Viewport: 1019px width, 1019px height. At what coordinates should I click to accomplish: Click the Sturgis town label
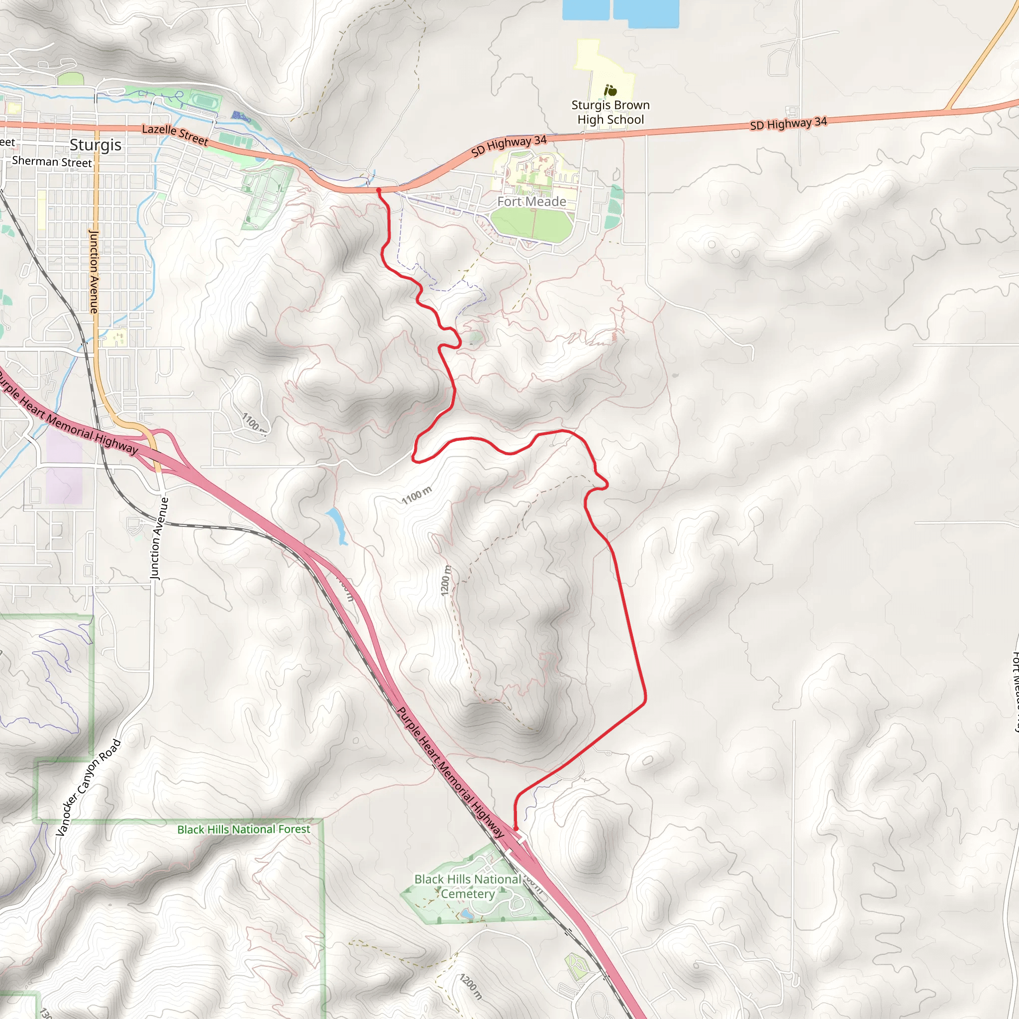point(96,145)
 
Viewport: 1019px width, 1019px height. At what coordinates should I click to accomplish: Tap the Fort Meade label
point(532,202)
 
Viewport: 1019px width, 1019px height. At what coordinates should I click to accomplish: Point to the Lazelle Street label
point(175,134)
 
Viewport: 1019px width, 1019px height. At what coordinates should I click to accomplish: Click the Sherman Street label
point(52,161)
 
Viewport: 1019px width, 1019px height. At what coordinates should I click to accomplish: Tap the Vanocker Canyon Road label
point(88,788)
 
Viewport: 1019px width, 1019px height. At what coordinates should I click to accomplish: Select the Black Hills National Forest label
point(243,829)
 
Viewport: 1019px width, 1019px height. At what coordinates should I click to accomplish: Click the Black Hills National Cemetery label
point(467,887)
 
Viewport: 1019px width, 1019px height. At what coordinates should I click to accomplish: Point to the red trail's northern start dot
point(379,190)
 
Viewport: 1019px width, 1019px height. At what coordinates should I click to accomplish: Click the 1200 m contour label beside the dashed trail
point(446,580)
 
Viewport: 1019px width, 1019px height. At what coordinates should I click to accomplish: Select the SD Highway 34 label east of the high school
point(788,123)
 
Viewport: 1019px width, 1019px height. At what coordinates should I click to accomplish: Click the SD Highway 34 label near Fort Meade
point(509,146)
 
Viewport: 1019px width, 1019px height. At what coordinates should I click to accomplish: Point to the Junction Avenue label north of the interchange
point(94,271)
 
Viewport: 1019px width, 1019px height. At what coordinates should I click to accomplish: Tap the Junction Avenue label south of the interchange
point(159,538)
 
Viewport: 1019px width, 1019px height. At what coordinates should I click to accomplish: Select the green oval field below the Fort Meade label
point(532,225)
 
